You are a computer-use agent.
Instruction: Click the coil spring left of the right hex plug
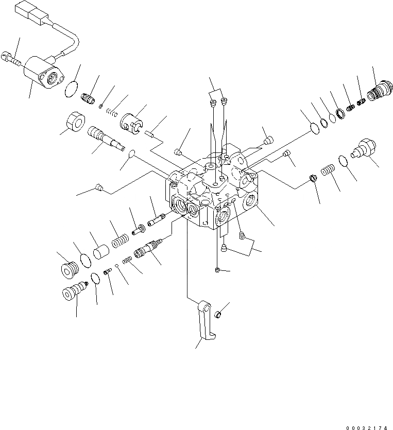point(328,170)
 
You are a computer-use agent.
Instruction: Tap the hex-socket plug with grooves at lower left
point(68,269)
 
